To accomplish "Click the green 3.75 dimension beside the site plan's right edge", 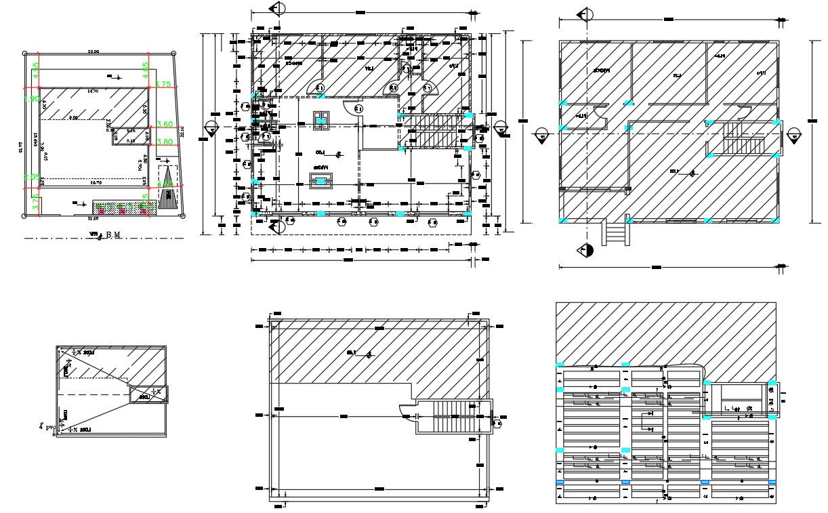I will tap(163, 84).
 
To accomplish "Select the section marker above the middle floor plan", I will tap(277, 9).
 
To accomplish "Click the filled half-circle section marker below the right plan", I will tap(587, 251).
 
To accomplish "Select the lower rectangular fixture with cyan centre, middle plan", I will tap(320, 180).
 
